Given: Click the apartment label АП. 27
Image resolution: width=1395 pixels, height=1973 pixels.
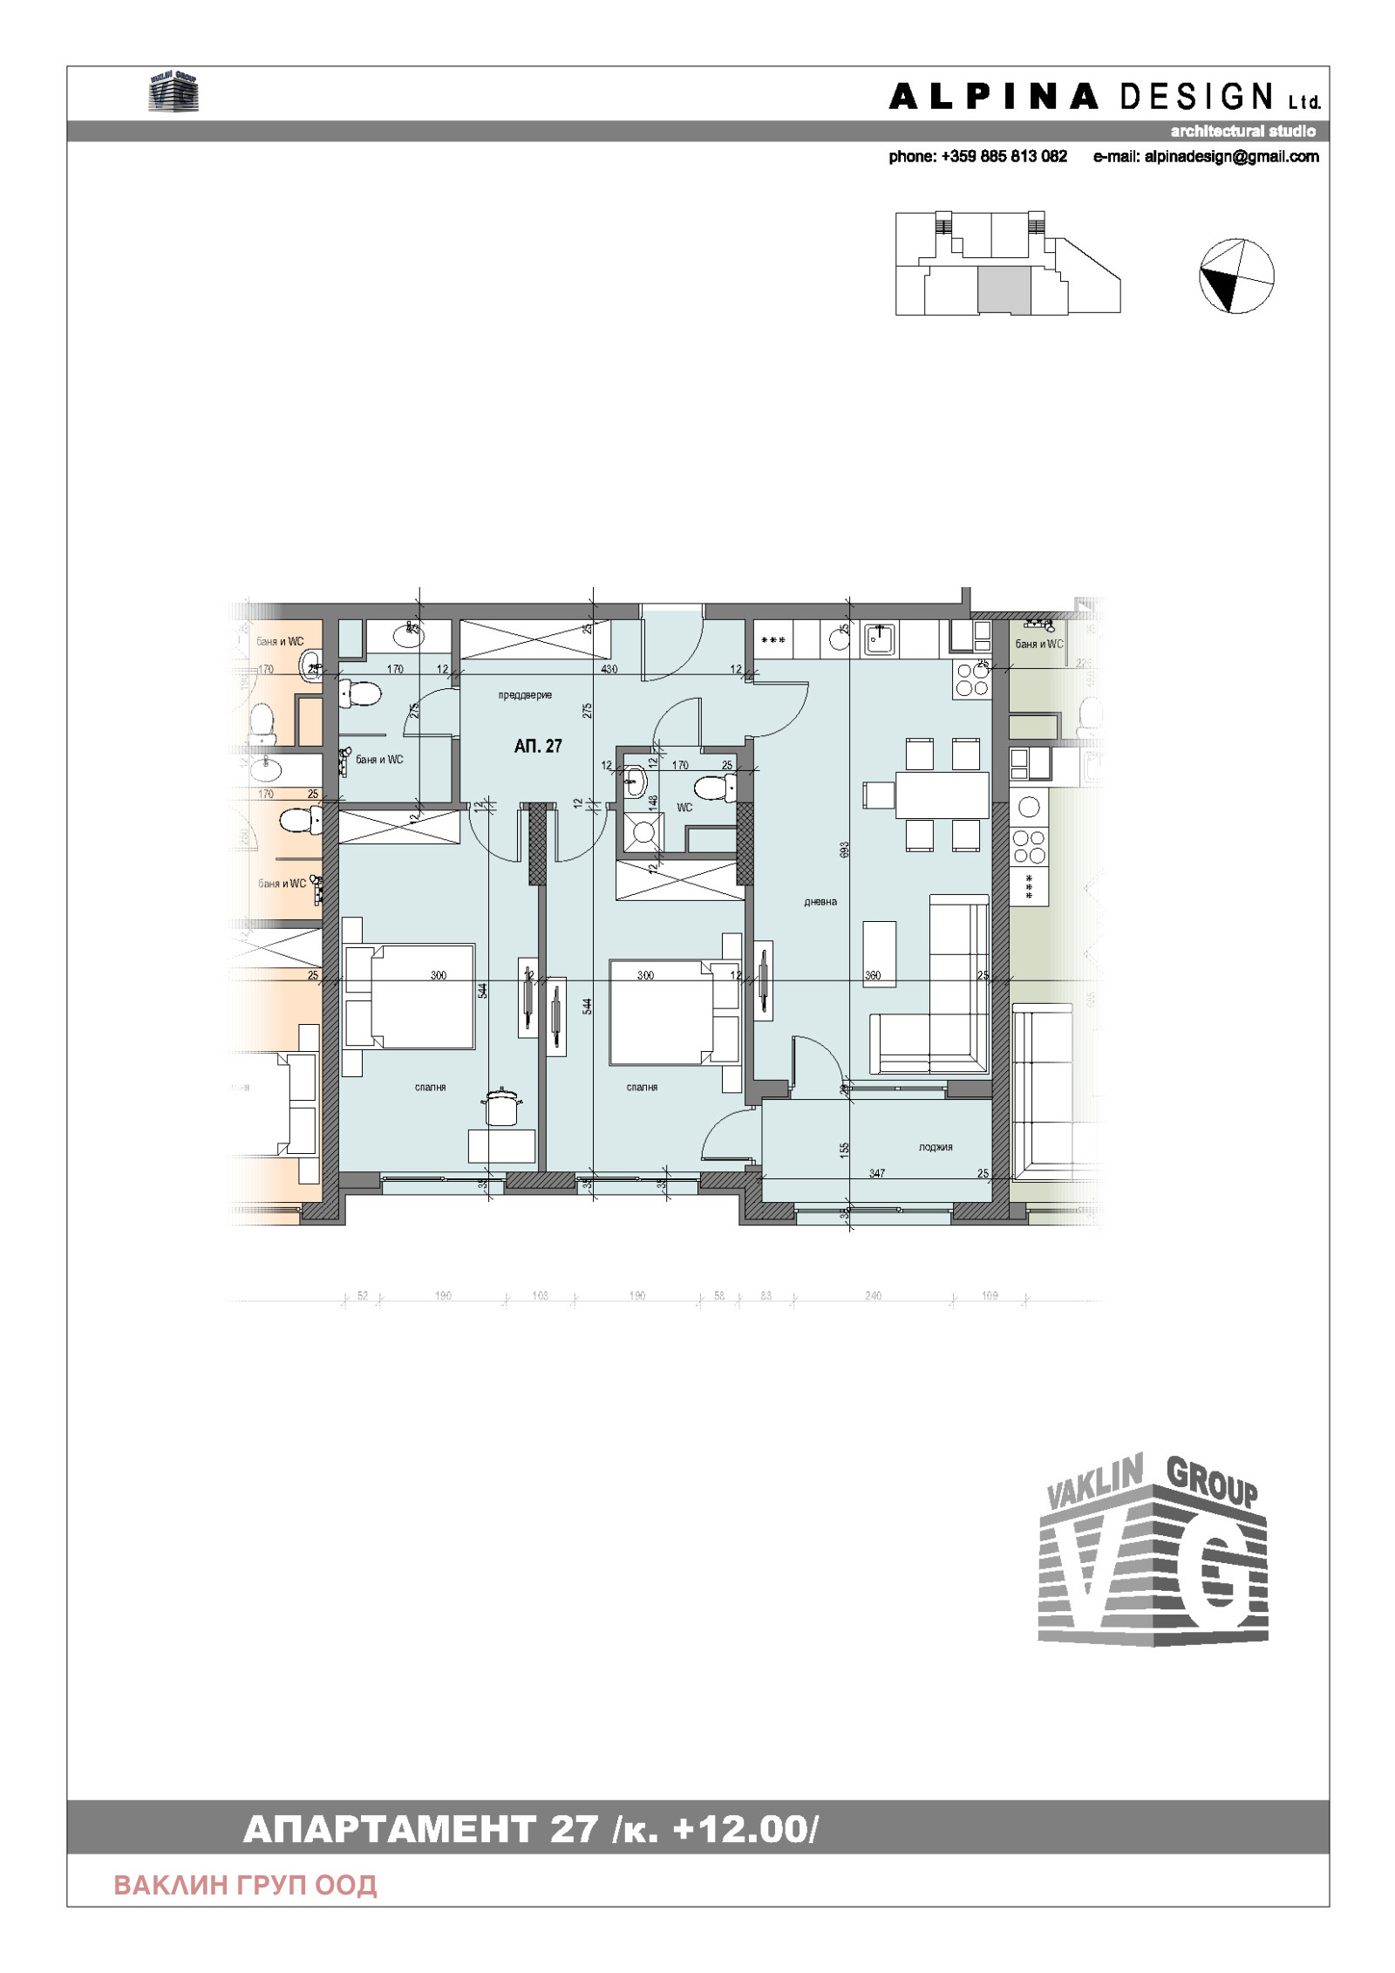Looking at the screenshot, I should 538,746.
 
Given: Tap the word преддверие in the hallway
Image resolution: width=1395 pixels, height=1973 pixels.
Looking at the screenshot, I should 525,695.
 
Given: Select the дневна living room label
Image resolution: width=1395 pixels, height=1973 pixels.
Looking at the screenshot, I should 820,902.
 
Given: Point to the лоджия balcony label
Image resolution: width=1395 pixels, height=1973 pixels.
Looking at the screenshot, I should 935,1147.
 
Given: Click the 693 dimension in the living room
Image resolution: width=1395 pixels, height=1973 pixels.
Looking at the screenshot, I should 844,850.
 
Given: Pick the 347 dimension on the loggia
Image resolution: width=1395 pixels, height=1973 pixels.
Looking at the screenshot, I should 876,1173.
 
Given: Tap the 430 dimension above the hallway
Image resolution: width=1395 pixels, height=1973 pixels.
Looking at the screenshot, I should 609,669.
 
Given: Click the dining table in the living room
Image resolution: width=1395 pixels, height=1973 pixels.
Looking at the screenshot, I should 942,795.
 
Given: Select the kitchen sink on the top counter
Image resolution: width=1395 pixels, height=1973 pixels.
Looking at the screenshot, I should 879,639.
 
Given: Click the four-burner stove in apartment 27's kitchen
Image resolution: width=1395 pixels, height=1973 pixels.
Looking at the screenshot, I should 972,679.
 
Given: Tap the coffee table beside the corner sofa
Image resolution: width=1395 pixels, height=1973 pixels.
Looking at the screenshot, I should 879,952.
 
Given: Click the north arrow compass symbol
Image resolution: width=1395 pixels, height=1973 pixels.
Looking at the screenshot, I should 1236,276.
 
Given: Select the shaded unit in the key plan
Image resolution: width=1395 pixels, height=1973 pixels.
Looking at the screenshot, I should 1004,290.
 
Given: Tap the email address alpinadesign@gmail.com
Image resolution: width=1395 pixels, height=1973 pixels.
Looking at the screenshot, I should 1206,157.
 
